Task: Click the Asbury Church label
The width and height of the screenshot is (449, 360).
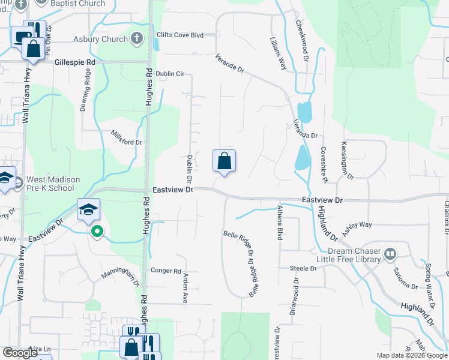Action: point(100,40)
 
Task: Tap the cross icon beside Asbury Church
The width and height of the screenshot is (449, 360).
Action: point(137,40)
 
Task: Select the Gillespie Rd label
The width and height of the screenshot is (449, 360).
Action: point(74,62)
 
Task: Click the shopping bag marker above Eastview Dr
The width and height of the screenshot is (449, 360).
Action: point(224,161)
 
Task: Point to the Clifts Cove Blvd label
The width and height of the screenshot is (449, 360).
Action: point(181,35)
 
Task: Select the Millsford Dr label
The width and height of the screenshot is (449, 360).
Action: point(126,138)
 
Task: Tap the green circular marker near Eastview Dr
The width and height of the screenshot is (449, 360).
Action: point(96,231)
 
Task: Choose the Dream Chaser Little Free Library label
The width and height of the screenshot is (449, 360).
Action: point(354,255)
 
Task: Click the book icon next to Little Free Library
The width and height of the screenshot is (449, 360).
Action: point(390,254)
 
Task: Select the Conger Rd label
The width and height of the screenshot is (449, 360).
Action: point(166,271)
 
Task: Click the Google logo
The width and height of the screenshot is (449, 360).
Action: point(20,353)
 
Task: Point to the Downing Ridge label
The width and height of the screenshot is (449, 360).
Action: point(85,91)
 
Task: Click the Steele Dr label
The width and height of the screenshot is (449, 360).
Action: point(303,268)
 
